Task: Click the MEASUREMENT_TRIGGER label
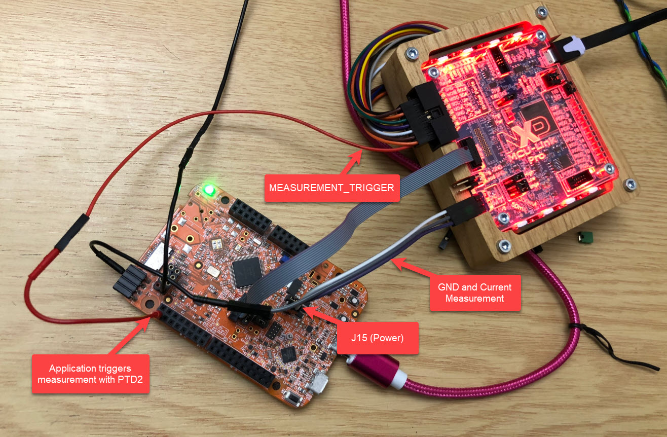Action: pyautogui.click(x=331, y=188)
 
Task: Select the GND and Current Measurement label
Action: pyautogui.click(x=474, y=293)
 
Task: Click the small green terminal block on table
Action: pyautogui.click(x=585, y=236)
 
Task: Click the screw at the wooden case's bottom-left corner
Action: pyautogui.click(x=504, y=246)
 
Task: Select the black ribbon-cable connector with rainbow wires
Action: pyautogui.click(x=428, y=115)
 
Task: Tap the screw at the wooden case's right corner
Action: pyautogui.click(x=630, y=184)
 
